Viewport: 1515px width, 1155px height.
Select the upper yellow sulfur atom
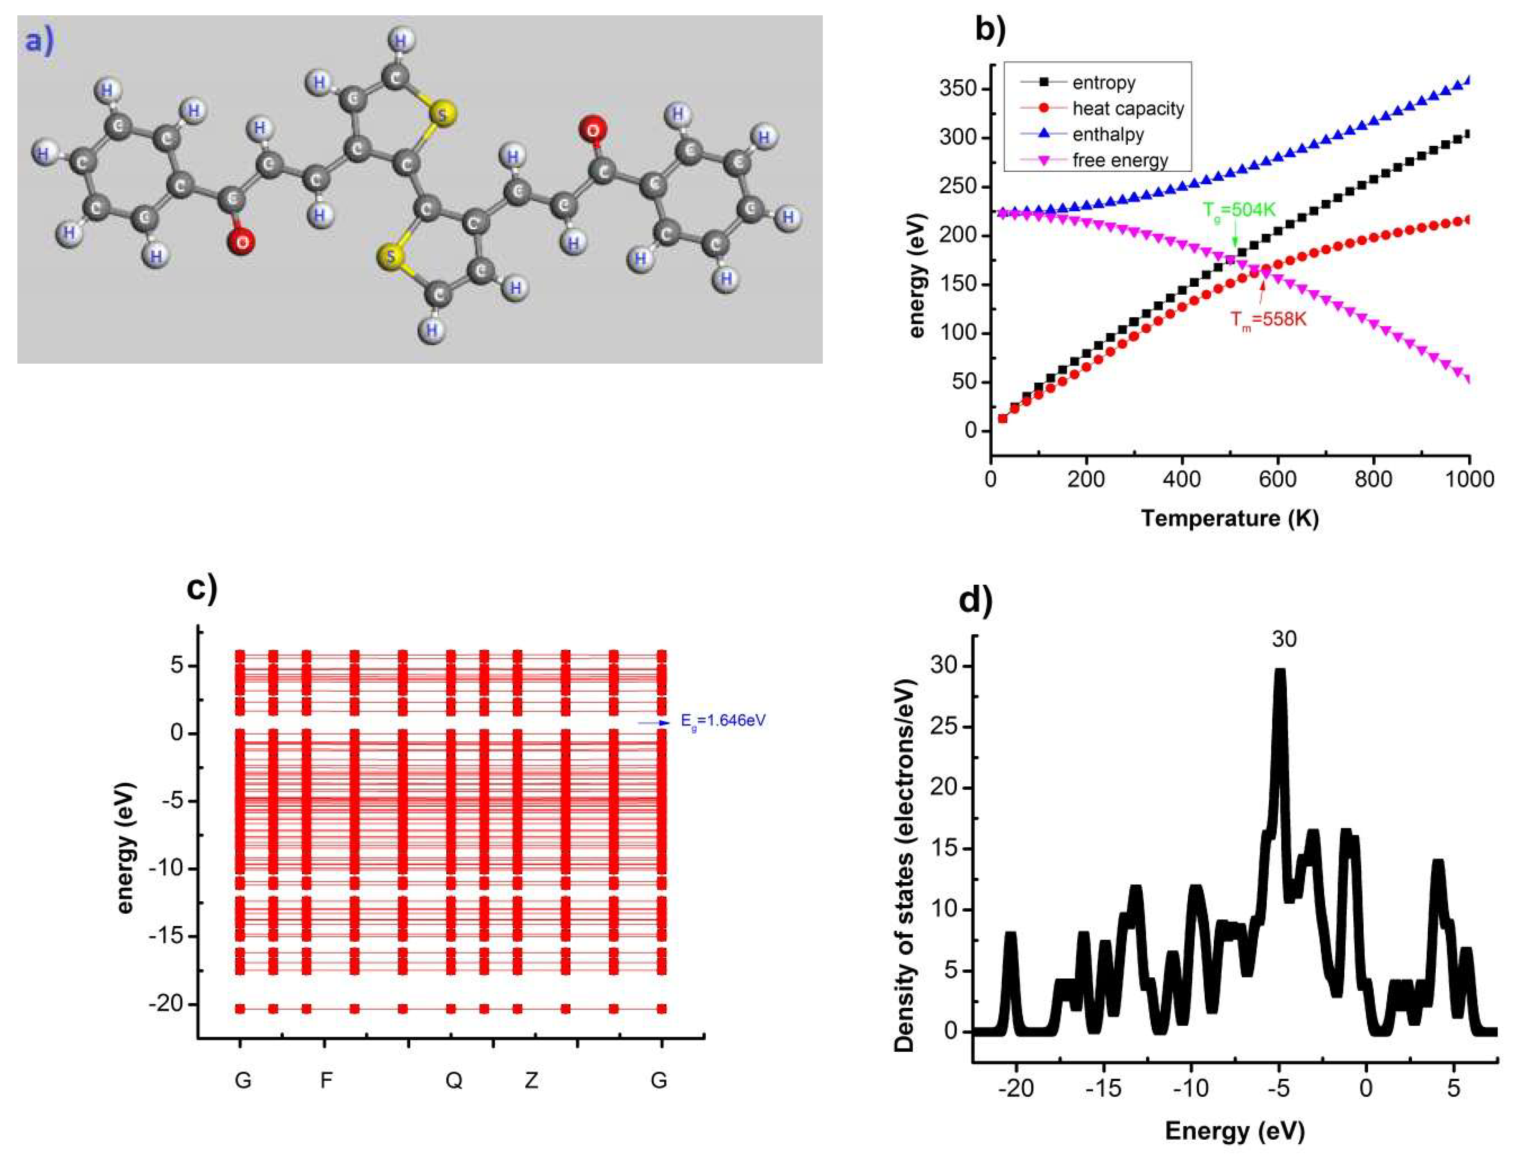[442, 115]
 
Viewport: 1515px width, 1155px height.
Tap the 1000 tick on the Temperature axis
[1469, 479]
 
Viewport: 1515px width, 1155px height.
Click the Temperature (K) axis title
[1230, 518]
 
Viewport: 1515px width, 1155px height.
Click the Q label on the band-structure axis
[454, 1081]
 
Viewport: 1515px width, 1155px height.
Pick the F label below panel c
[326, 1080]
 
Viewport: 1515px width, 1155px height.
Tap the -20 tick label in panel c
[167, 1004]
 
